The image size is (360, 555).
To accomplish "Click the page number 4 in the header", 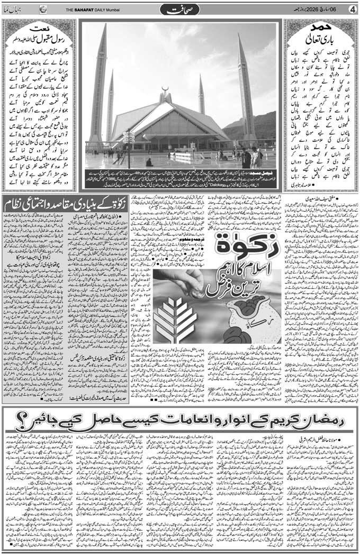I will [353, 10].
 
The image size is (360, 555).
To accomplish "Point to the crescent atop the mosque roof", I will [166, 88].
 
